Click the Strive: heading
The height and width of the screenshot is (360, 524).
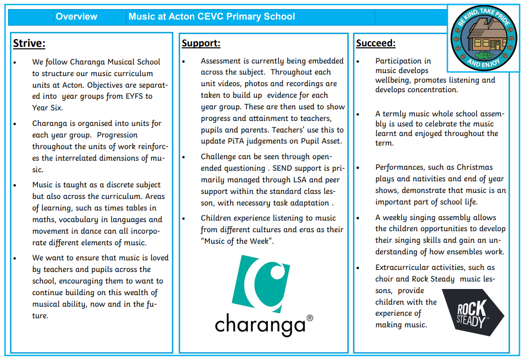point(29,43)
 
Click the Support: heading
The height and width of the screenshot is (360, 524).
point(201,43)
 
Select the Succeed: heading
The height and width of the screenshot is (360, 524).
point(376,43)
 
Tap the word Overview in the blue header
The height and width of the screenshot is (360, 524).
point(77,17)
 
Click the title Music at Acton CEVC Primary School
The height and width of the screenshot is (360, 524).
point(211,17)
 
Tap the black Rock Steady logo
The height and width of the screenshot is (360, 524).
point(472,313)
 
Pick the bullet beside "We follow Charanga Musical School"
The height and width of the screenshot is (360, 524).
point(16,62)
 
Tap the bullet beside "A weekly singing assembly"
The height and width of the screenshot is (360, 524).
point(358,218)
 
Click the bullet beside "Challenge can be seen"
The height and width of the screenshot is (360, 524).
point(184,157)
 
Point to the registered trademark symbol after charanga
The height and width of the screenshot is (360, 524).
point(310,318)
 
